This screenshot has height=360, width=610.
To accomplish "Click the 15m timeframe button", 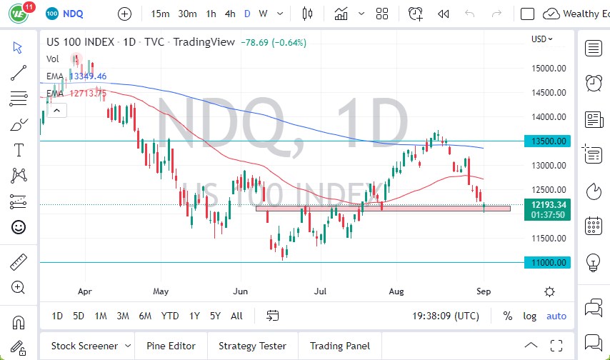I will click(161, 14).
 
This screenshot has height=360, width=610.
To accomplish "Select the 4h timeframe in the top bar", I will click(230, 14).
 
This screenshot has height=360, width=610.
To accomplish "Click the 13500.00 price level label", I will click(547, 141).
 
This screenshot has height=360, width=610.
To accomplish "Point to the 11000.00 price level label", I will click(547, 262).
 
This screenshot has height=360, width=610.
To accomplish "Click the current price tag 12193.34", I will click(547, 205).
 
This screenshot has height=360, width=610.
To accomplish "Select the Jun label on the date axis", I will click(240, 291).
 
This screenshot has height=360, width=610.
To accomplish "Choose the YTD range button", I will click(170, 316).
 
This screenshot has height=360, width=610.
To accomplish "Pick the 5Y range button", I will click(215, 316).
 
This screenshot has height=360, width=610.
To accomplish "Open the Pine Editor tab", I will click(171, 346).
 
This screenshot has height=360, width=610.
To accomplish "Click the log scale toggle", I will click(529, 316).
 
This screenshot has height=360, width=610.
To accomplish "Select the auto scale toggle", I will click(556, 316).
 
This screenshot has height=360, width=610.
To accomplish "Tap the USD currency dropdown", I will click(542, 39).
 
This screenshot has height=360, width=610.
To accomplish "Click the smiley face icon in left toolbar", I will click(19, 227).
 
